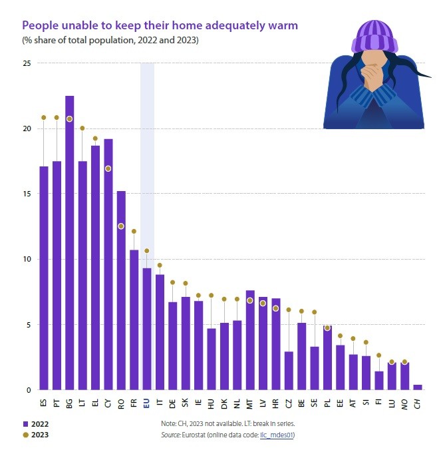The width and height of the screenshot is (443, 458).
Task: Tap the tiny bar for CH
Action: [417, 387]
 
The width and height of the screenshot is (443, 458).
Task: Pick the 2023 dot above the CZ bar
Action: [289, 310]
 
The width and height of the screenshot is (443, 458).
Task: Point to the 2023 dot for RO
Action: [121, 226]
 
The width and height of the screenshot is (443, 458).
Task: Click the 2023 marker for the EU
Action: [147, 251]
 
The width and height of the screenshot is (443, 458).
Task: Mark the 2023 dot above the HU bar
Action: [212, 296]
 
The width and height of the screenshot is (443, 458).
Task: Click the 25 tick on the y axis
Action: [27, 63]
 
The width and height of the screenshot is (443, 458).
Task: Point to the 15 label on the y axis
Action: [27, 194]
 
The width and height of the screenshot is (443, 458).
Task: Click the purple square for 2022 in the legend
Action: [25, 423]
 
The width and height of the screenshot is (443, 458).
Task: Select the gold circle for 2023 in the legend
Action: [25, 435]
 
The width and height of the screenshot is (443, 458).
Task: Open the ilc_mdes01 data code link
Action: [278, 435]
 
